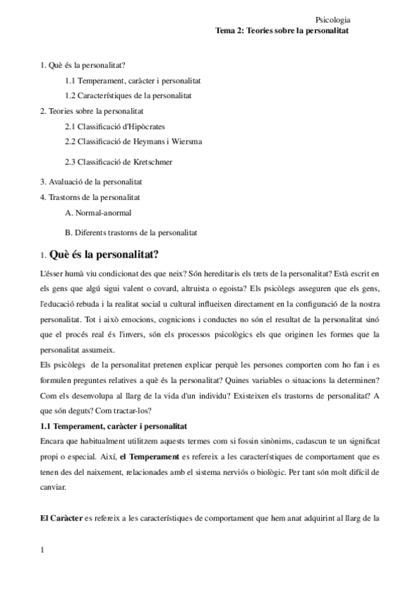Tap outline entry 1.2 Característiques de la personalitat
[128, 95]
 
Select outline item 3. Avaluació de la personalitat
[87, 181]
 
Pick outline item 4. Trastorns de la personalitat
[90, 196]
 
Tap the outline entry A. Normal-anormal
[97, 212]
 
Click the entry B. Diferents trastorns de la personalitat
[130, 232]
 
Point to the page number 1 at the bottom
[43, 549]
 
